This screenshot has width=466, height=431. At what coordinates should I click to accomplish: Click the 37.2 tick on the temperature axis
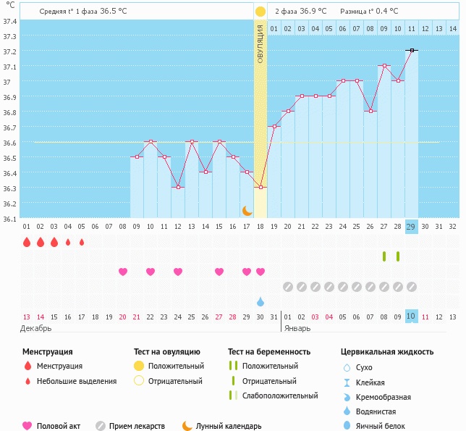9,51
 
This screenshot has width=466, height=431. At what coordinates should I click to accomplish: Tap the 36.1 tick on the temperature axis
9,219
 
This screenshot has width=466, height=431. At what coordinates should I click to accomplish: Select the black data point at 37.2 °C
411,51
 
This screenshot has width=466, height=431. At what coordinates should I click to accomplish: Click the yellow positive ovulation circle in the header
260,12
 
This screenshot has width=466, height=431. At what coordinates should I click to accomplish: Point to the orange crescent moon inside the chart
247,210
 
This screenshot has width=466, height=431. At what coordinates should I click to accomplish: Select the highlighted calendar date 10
411,317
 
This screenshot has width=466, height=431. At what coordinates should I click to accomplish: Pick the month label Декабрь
35,328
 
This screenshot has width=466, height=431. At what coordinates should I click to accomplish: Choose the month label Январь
297,328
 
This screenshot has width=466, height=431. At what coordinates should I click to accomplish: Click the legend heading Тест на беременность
269,351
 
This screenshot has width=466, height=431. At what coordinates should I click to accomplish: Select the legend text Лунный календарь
231,426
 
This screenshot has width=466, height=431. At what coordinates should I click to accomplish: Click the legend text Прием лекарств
137,426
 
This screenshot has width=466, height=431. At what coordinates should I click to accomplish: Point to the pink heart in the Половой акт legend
27,426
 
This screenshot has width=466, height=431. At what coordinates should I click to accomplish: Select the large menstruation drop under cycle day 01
27,242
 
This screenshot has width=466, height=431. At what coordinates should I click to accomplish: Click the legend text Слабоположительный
280,396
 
